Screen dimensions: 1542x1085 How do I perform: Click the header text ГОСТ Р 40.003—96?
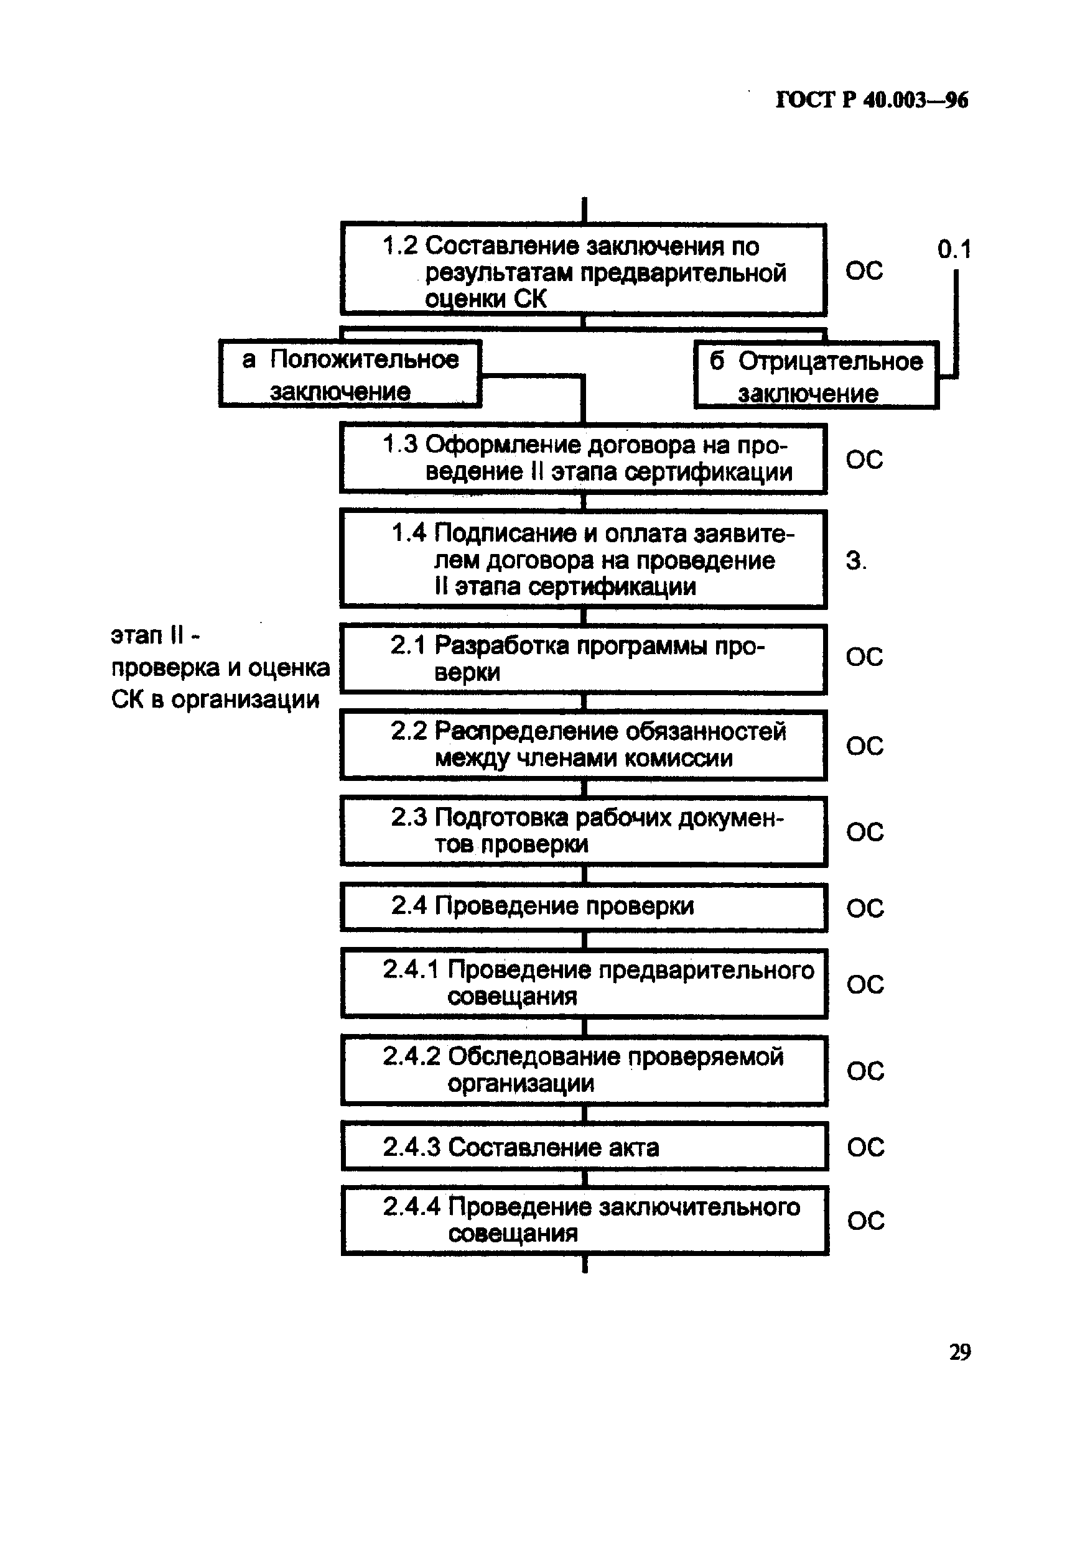point(872,101)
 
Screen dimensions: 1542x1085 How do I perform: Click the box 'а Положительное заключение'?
point(350,375)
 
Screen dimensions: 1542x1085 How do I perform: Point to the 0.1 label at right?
point(954,250)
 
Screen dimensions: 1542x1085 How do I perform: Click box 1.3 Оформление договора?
point(583,458)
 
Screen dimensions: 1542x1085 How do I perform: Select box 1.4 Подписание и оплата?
point(583,560)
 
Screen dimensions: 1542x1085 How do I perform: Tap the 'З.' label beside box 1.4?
point(856,561)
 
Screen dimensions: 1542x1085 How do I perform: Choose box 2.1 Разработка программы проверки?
point(583,658)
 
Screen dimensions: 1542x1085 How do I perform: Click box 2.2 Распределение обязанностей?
point(583,744)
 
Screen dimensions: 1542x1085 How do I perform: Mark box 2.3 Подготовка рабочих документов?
point(583,831)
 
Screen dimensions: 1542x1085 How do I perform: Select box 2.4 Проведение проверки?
point(583,907)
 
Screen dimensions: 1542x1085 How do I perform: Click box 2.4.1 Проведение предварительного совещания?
point(583,983)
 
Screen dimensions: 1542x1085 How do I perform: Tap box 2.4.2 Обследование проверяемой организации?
point(583,1070)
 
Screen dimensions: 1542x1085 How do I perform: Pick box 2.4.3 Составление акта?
point(583,1147)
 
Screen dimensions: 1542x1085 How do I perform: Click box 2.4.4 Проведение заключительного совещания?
point(583,1221)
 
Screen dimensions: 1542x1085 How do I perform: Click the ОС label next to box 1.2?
point(864,270)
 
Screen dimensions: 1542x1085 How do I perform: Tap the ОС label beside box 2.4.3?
point(865,1148)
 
